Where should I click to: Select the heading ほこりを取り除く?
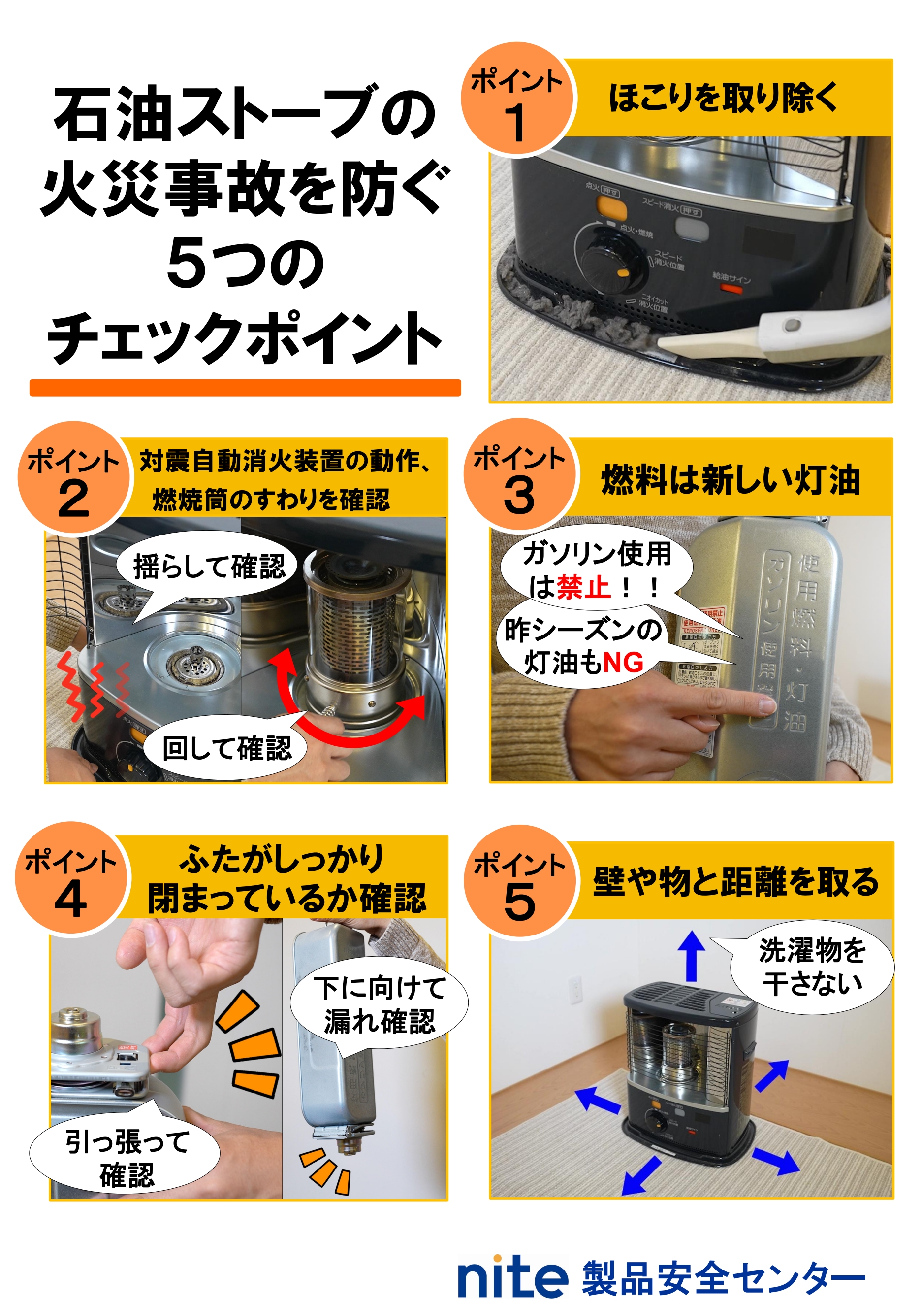722,98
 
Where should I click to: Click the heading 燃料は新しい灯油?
730,479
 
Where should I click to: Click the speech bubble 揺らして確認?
208,567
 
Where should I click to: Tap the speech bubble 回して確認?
226,747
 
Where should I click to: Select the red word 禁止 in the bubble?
582,587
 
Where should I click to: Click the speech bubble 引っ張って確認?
126,1159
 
